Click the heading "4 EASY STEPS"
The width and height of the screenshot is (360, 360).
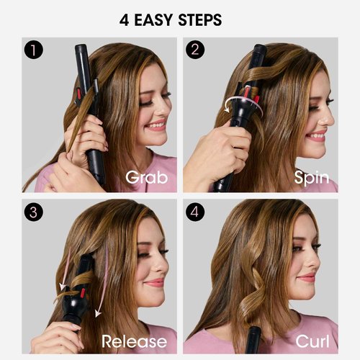tap(180, 19)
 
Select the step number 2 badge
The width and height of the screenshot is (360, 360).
tap(194, 51)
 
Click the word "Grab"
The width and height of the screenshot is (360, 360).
tap(147, 177)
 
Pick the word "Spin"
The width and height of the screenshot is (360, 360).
tap(311, 177)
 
